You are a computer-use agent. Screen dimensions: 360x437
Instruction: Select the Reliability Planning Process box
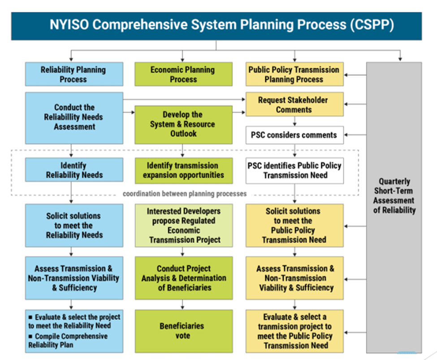[x=74, y=74]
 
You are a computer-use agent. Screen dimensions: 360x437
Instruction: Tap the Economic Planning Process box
[x=183, y=74]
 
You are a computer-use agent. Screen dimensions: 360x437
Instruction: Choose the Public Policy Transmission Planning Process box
[x=294, y=74]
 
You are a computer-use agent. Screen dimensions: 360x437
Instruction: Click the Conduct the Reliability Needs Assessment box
[x=74, y=117]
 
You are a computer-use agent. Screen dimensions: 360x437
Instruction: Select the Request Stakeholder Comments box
[x=294, y=104]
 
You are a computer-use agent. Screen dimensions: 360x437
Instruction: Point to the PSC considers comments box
[x=294, y=135]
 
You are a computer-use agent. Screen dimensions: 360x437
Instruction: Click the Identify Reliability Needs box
[x=74, y=170]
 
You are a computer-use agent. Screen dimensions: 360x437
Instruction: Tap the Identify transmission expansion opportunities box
[x=183, y=170]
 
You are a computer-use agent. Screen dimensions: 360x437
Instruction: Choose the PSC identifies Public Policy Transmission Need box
[x=294, y=170]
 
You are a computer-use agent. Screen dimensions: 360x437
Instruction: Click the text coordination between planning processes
[x=185, y=194]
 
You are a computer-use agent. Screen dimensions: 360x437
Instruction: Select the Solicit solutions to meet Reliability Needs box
[x=74, y=225]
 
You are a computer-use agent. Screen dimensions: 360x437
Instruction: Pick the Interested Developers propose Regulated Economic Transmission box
[x=183, y=225]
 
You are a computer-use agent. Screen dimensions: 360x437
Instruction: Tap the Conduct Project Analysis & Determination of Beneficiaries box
[x=183, y=278]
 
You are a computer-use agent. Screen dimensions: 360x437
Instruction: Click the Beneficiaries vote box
[x=183, y=331]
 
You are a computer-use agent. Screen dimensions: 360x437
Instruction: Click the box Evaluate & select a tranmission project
[x=294, y=331]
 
